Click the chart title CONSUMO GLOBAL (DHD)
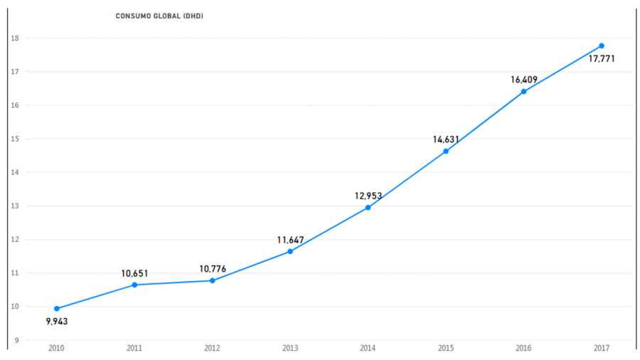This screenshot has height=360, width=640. pos(159,16)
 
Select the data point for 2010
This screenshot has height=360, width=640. pos(57,309)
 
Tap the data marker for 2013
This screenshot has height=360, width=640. pos(290,251)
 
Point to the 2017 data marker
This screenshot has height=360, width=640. pos(602,46)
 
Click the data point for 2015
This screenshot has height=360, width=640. pos(446,151)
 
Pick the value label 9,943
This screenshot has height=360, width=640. pos(57,322)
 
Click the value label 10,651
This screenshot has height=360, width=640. pos(134,273)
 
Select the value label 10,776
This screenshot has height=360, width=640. pos(212,269)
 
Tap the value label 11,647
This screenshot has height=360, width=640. pos(290,240)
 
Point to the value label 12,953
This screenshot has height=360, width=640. pos(368,196)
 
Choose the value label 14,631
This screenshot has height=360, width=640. pos(446,139)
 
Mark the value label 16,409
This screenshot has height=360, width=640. pos(524,80)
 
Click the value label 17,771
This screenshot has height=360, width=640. pos(602,59)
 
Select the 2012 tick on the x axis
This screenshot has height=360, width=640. pos(212,349)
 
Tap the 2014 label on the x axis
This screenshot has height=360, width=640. pos(368,349)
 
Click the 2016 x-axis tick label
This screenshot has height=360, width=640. pos(524,349)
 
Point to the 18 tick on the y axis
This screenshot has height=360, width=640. pos(14,38)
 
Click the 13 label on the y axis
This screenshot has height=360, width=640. pos(14,206)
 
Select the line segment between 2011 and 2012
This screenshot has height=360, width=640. pos(174,282)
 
